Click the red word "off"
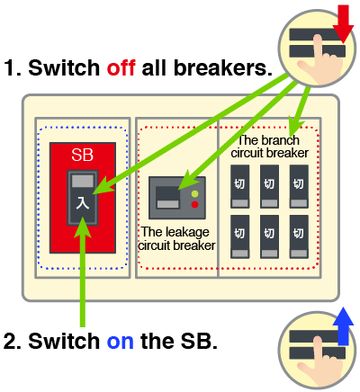[x=121, y=67]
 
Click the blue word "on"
[x=120, y=341]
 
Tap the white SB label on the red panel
[x=82, y=155]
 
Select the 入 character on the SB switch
[x=83, y=203]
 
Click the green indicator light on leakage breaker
[x=194, y=193]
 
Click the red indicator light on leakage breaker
[x=194, y=205]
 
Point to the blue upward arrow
[x=344, y=326]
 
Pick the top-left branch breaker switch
[x=239, y=186]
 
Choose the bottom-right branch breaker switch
[x=299, y=236]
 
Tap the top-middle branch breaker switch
[x=269, y=186]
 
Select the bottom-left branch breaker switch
[x=239, y=236]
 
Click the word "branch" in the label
[x=281, y=140]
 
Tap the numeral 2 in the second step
[x=10, y=341]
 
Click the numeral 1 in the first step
[x=10, y=67]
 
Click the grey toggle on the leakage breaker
[x=168, y=204]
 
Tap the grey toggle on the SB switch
[x=83, y=181]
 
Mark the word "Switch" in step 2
[x=64, y=341]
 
